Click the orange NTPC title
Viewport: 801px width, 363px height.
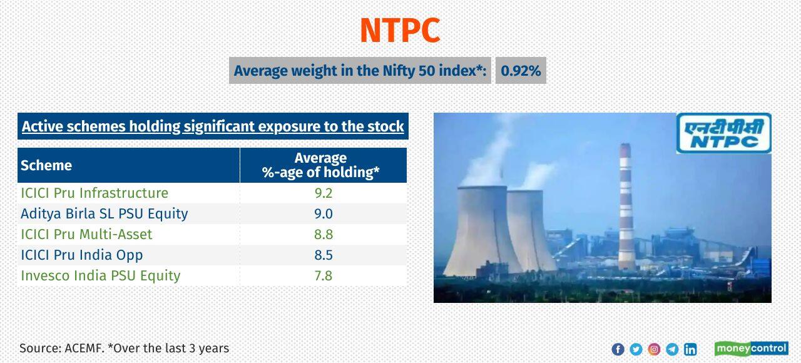point(400,30)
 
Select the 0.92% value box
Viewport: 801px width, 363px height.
point(521,71)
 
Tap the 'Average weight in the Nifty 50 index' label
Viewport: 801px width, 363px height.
point(360,71)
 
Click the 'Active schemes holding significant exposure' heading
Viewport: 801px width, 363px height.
point(213,126)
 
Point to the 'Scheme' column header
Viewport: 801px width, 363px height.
point(46,165)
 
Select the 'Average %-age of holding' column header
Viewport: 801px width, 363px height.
point(321,165)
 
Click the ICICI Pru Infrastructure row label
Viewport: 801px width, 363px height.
point(94,193)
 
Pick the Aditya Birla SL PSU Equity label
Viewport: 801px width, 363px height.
point(105,213)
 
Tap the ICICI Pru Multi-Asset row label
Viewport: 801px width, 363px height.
point(86,234)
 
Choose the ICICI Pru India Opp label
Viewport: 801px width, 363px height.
point(82,255)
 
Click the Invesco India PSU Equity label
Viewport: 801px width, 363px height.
point(101,275)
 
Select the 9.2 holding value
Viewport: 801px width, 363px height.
point(324,193)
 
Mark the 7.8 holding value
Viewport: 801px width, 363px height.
point(324,275)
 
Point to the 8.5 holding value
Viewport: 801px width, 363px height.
point(324,255)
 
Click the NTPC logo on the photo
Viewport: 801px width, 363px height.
point(723,133)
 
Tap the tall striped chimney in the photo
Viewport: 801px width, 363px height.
point(626,207)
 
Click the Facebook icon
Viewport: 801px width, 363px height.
point(618,349)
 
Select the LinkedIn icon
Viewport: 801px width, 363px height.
point(690,349)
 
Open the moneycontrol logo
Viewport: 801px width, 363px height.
point(752,349)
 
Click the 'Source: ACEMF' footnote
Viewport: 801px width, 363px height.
point(124,348)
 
